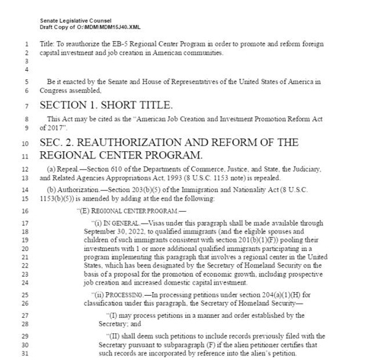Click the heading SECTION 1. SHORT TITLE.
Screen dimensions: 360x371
coord(106,105)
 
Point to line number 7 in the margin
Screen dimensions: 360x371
coord(27,106)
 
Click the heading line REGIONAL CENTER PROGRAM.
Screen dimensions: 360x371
coord(120,155)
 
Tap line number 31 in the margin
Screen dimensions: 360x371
coord(27,353)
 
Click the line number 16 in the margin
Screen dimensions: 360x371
coord(27,211)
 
